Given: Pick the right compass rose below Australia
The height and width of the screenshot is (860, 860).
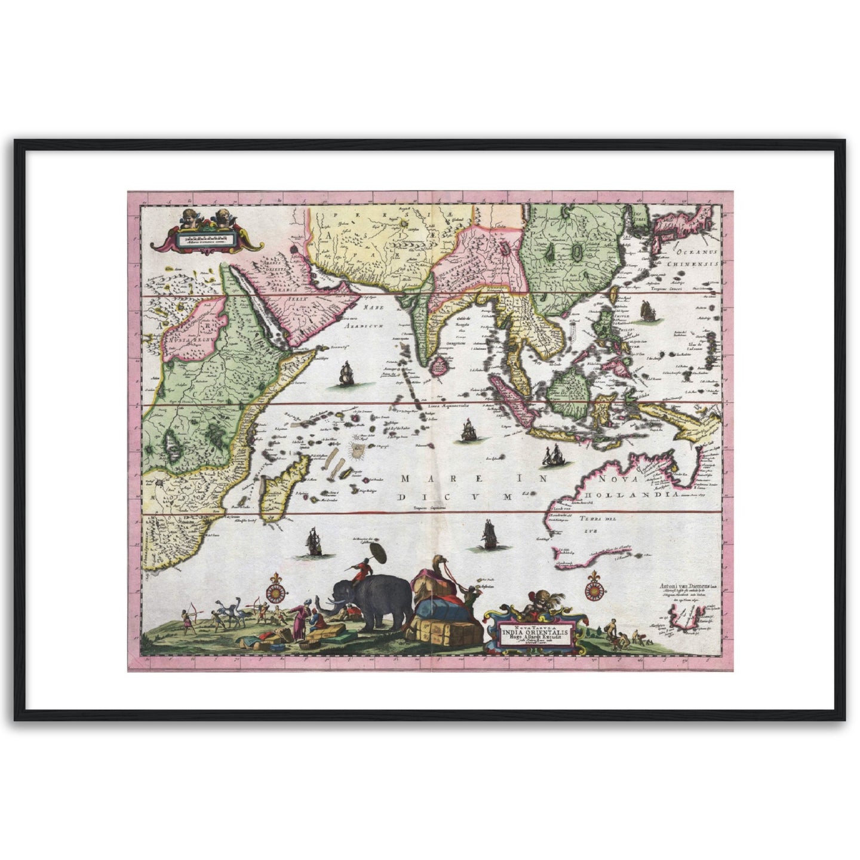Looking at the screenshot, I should click(594, 589).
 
